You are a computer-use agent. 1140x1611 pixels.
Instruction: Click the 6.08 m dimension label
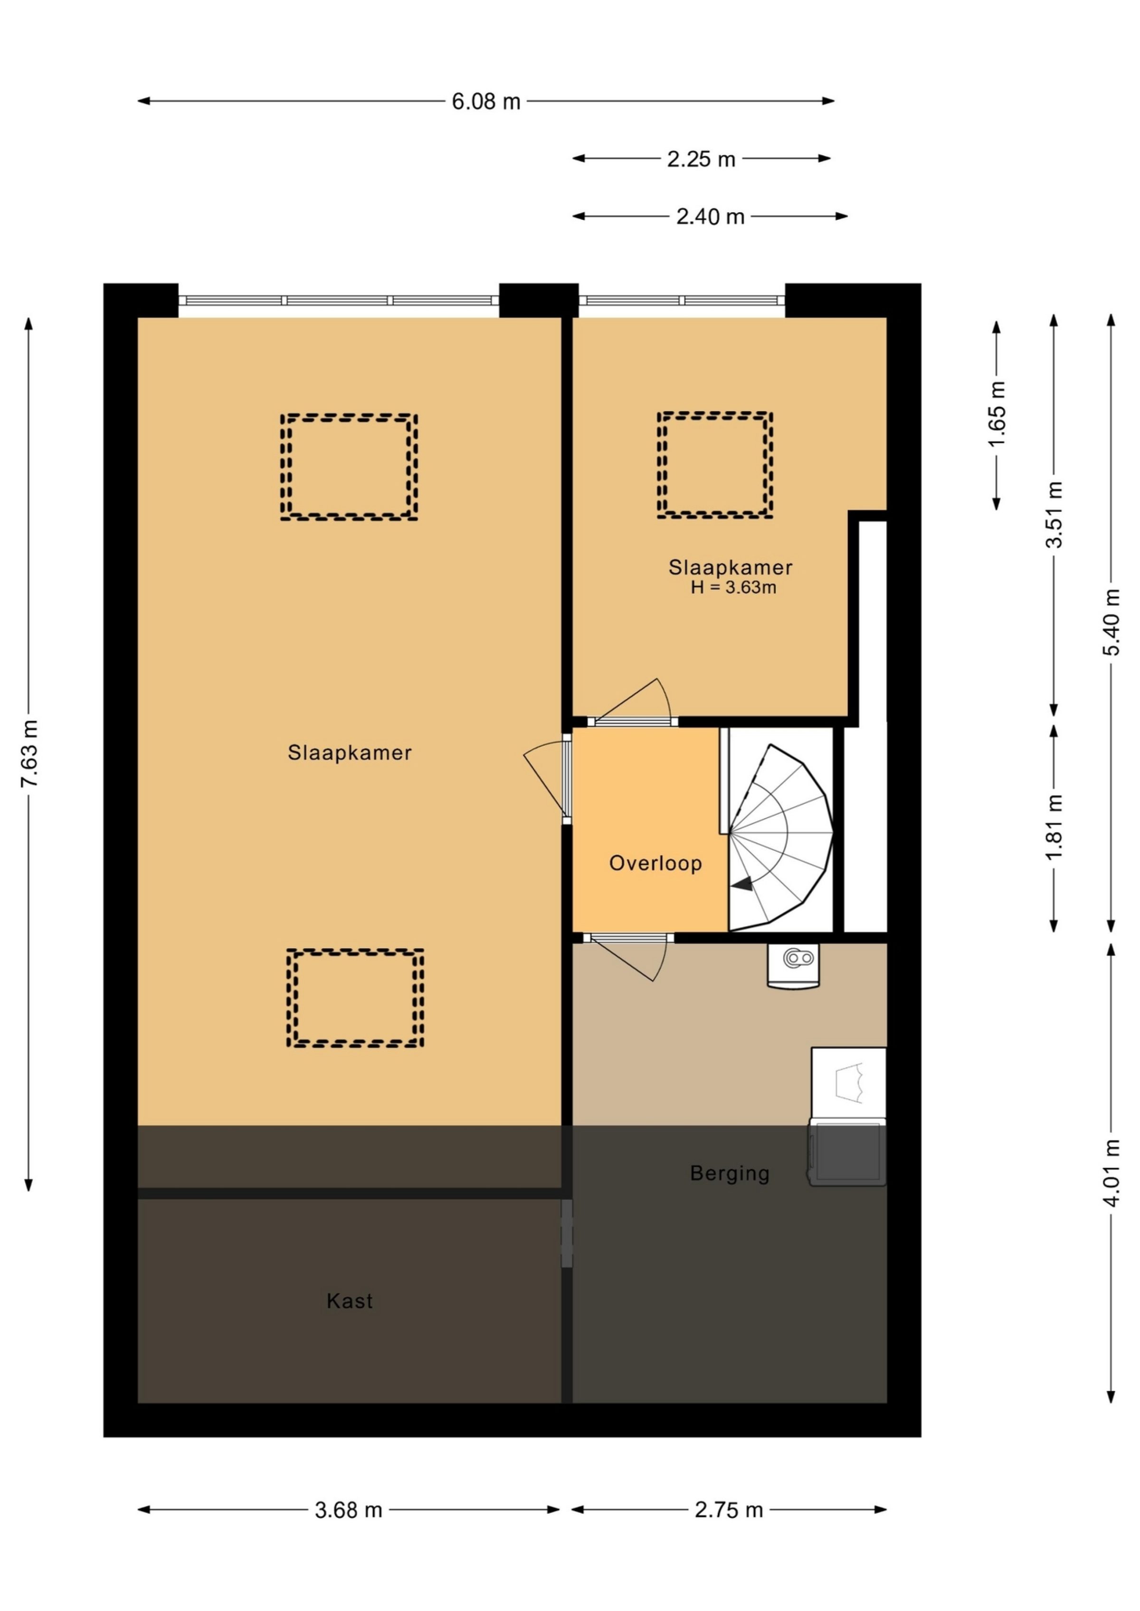click(486, 102)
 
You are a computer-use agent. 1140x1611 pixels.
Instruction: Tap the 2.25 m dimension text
click(701, 159)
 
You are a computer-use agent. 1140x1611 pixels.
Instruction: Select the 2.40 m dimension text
click(710, 217)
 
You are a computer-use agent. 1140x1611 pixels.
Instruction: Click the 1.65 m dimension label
click(997, 414)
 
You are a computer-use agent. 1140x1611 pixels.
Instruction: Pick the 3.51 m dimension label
click(1054, 514)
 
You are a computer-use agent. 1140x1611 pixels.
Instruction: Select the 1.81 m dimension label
click(1054, 827)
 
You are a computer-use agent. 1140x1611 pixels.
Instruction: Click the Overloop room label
click(655, 863)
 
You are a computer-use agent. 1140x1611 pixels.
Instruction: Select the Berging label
click(729, 1173)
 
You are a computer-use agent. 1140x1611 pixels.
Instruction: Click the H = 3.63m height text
click(733, 588)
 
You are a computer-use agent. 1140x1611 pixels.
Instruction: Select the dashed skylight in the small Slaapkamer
click(714, 465)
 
